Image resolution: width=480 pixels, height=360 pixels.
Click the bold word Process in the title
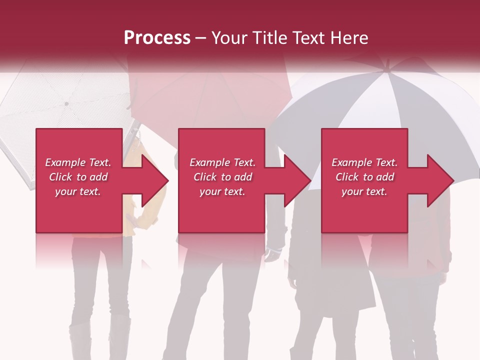(x=157, y=38)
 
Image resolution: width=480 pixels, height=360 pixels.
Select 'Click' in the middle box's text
(x=205, y=177)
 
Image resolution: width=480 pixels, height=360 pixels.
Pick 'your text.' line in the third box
(x=364, y=191)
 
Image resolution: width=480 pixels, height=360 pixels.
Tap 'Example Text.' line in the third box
(x=364, y=162)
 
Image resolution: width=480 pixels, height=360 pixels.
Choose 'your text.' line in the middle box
(x=222, y=191)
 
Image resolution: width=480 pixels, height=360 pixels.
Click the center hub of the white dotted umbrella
(x=66, y=103)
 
